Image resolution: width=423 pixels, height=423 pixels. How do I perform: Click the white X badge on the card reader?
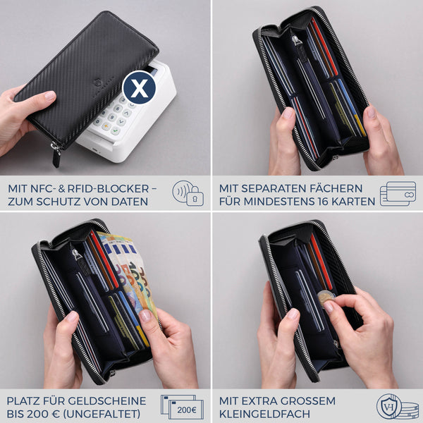[x=139, y=87]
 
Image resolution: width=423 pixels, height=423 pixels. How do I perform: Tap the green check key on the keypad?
[x=115, y=131]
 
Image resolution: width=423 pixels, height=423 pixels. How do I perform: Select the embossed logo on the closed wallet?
[x=97, y=82]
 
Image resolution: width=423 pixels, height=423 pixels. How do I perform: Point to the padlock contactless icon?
[x=188, y=193]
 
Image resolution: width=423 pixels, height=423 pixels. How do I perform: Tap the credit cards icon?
[x=398, y=193]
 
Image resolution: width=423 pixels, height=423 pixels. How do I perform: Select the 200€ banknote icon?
[x=183, y=407]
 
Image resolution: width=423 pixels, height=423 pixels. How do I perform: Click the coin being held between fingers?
[x=326, y=298]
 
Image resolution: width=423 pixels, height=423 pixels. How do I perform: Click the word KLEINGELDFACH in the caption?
[x=264, y=414]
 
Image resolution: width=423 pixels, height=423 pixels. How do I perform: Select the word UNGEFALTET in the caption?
[x=102, y=414]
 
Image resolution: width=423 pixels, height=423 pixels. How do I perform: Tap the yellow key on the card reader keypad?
[x=106, y=126]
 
